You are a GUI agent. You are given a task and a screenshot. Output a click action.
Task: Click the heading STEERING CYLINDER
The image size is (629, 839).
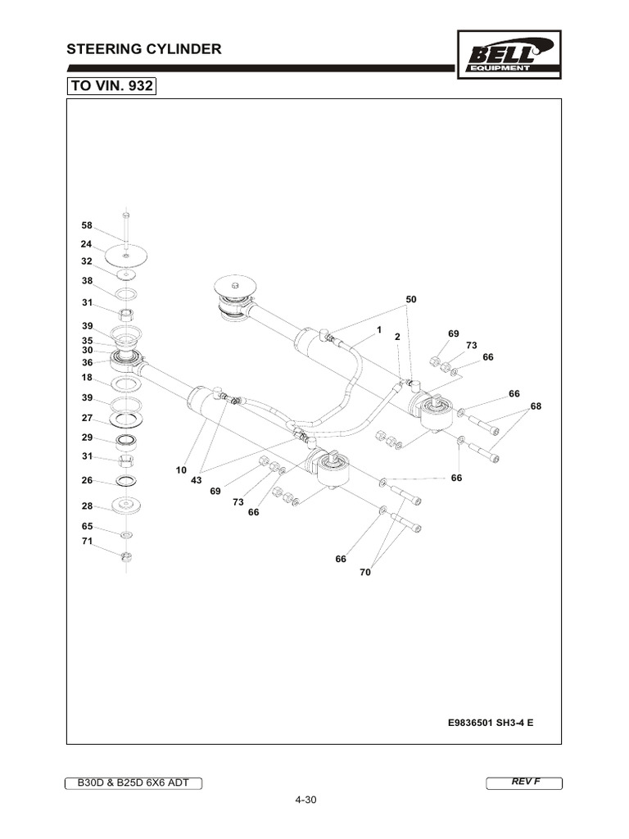144,49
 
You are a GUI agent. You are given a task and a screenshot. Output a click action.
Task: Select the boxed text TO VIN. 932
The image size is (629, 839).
111,85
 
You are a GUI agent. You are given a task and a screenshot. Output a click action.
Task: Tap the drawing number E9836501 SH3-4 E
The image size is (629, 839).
490,723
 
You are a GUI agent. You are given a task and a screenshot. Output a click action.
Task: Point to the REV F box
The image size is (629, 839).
525,782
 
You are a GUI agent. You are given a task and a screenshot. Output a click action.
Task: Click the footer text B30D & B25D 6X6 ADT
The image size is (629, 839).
133,782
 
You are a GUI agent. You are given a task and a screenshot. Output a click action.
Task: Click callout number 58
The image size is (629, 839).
86,225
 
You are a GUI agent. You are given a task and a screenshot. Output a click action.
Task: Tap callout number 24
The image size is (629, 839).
86,243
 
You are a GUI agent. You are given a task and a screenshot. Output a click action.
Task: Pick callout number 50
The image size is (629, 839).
411,300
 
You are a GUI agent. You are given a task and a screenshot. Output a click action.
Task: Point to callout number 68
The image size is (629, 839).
536,406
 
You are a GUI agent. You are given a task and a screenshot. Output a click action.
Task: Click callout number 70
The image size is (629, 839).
365,573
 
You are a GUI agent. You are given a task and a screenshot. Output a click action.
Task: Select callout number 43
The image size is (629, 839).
197,480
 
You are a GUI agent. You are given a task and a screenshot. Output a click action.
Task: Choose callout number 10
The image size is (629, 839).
181,470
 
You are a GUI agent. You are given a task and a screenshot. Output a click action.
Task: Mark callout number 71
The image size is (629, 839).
86,542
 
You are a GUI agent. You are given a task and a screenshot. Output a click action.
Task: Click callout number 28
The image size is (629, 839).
86,506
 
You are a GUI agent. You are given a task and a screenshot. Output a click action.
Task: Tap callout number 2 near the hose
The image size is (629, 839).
396,337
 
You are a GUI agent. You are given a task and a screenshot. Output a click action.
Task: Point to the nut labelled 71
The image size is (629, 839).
126,558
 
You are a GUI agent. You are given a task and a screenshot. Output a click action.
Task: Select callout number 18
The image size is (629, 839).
86,378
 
